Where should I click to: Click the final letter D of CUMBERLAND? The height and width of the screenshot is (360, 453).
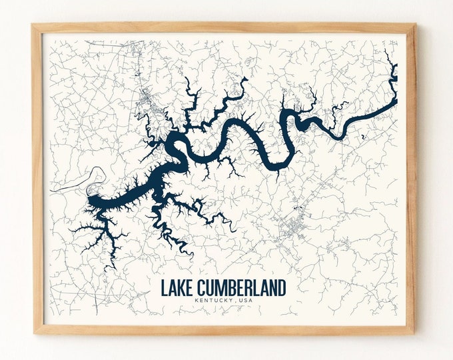tap(282, 288)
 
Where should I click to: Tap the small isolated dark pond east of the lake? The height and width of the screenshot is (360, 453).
tap(362, 137)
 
